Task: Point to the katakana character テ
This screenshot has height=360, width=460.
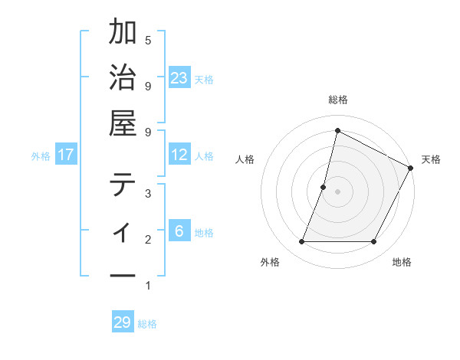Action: click(x=123, y=185)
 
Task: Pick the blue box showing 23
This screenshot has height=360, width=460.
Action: click(x=179, y=77)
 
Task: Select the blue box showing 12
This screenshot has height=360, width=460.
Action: click(x=179, y=155)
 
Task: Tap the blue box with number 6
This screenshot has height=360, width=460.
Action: click(x=179, y=231)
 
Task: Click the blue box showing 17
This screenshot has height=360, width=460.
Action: click(x=66, y=155)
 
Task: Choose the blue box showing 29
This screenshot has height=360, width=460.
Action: click(x=123, y=322)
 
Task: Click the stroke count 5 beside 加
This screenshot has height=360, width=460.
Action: click(x=148, y=39)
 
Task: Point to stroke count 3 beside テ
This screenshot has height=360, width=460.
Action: click(x=148, y=193)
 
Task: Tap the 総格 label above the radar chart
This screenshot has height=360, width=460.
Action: click(x=337, y=100)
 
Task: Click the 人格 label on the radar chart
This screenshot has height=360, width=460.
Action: click(x=245, y=159)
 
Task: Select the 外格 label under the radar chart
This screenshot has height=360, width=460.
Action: click(x=270, y=262)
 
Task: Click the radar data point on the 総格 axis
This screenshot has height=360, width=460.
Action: click(x=337, y=130)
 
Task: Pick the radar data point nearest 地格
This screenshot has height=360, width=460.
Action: click(x=374, y=242)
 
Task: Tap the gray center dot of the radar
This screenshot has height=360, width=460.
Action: click(x=337, y=191)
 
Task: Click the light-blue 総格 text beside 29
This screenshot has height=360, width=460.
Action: click(x=147, y=323)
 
